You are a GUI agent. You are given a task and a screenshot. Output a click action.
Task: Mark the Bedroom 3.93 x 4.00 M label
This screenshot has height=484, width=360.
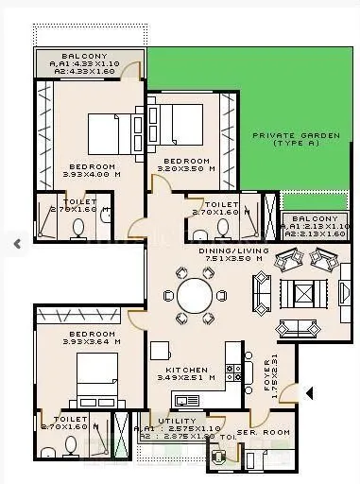92,170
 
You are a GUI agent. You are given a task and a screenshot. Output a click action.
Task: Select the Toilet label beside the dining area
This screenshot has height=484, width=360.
220,208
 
